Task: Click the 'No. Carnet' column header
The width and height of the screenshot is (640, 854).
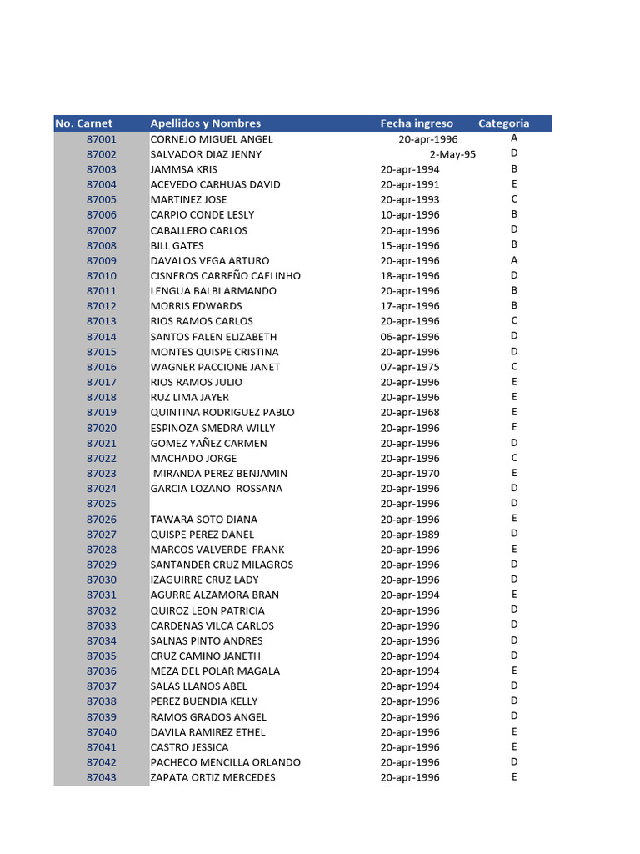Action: click(x=83, y=123)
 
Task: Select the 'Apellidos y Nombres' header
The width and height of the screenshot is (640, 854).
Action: click(x=205, y=123)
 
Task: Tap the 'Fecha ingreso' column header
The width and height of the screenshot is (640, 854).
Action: click(x=417, y=123)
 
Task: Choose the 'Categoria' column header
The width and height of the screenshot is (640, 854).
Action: click(x=503, y=123)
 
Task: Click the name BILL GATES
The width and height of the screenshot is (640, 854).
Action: click(x=177, y=246)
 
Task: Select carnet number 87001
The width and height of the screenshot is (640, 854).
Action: click(x=102, y=139)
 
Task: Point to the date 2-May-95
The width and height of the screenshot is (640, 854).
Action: click(x=452, y=154)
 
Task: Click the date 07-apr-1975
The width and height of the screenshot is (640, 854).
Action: click(x=410, y=367)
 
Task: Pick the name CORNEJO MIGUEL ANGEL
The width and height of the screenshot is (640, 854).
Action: click(x=212, y=139)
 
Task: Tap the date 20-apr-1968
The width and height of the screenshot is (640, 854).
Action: click(x=410, y=413)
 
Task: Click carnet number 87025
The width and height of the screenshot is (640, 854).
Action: click(x=102, y=504)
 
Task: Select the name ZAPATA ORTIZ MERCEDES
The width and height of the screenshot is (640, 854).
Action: click(x=212, y=778)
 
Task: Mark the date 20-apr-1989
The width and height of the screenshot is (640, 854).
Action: click(x=410, y=535)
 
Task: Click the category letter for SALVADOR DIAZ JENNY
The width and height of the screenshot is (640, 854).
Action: click(x=514, y=153)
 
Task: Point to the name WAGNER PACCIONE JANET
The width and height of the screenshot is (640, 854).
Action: click(x=215, y=367)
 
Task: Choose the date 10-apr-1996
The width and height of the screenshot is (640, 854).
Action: click(x=410, y=215)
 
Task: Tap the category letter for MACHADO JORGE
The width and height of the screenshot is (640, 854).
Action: click(x=514, y=458)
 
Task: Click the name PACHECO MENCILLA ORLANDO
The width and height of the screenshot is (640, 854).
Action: click(x=225, y=762)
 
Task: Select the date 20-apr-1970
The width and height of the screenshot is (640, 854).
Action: click(x=410, y=474)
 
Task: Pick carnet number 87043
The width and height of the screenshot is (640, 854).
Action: click(x=102, y=778)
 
